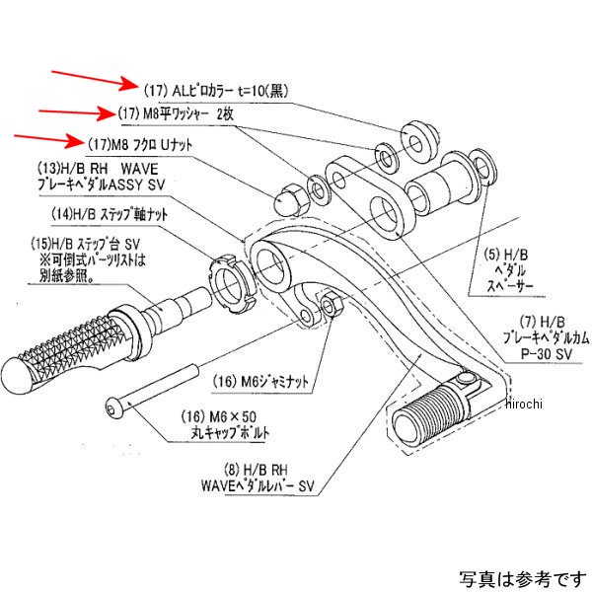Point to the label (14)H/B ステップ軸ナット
110,213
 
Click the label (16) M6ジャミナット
254,377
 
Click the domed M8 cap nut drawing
287,197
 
